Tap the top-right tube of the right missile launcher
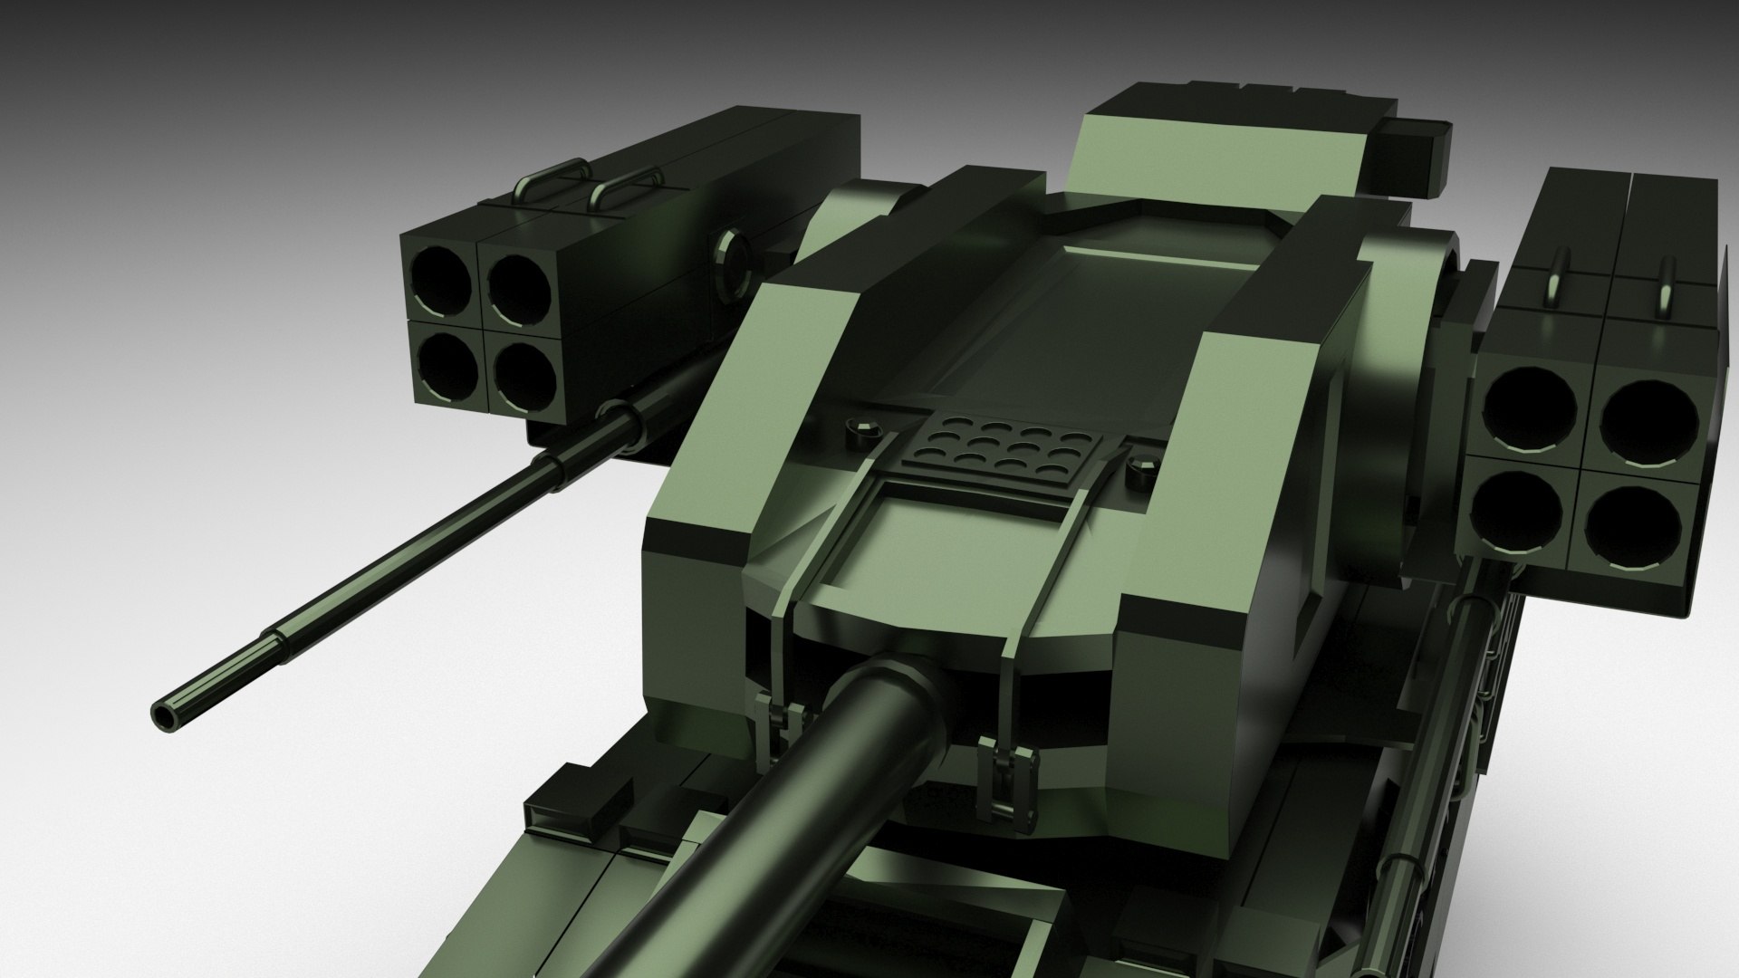pyautogui.click(x=1648, y=422)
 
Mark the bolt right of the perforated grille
pyautogui.click(x=1144, y=471)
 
